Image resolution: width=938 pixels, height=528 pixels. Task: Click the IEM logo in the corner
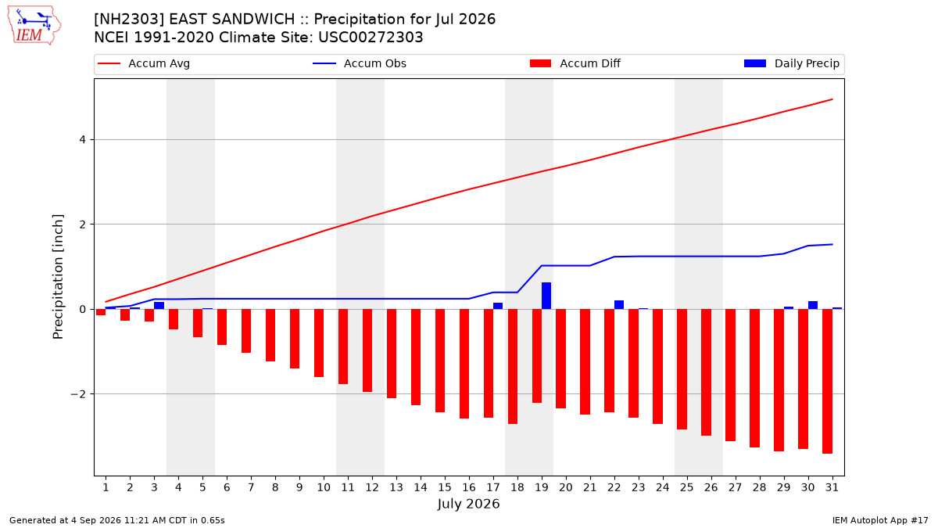pos(34,26)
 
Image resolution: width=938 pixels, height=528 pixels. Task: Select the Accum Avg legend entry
pos(144,63)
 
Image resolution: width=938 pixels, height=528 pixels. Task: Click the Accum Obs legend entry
pos(360,63)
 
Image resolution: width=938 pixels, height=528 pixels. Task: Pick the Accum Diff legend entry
pos(575,63)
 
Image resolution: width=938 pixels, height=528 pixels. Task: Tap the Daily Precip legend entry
pos(791,63)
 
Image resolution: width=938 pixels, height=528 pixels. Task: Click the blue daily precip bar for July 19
pos(546,296)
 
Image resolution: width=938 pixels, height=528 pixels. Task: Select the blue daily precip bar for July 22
pos(619,305)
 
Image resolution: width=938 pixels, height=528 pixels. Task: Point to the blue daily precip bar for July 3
pos(159,306)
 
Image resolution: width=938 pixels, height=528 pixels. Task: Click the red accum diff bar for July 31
pos(827,382)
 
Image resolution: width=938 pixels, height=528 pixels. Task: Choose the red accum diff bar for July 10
pos(319,343)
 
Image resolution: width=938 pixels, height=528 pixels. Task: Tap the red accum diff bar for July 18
pos(513,367)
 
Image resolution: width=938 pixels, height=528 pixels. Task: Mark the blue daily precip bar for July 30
pos(813,306)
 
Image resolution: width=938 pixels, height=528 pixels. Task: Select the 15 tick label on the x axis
pos(445,487)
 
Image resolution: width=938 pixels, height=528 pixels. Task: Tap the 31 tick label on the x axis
pos(832,487)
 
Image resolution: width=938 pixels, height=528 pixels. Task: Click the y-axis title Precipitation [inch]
pos(58,277)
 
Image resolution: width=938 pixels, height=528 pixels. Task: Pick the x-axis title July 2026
pos(468,504)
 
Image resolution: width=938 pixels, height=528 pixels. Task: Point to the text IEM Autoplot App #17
pos(880,520)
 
